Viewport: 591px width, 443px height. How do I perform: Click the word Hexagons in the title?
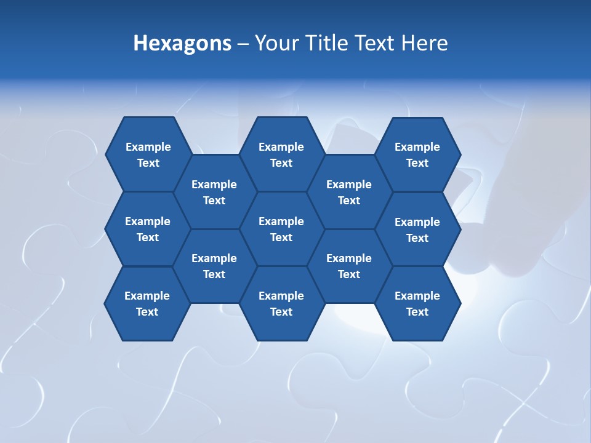tap(182, 43)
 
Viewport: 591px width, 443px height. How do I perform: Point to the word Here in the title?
tap(425, 43)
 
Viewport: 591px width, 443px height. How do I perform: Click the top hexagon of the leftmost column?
tap(148, 154)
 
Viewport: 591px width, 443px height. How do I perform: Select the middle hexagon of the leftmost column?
tap(148, 229)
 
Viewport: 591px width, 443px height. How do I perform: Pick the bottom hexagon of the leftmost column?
tap(147, 303)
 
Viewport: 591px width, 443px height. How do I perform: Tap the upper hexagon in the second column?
tap(214, 191)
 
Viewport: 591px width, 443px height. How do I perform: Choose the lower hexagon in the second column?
tap(214, 266)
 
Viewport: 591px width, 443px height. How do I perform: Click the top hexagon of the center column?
tap(281, 154)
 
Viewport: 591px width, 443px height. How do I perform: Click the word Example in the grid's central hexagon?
tap(281, 221)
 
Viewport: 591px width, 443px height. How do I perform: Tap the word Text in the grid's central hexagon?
tap(281, 237)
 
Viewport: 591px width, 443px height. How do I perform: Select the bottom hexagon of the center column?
tap(281, 303)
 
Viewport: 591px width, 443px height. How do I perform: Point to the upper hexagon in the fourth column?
tap(349, 191)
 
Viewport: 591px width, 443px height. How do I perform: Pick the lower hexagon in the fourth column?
tap(349, 266)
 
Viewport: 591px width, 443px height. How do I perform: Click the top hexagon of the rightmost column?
tap(417, 154)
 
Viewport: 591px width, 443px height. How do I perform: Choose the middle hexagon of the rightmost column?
tap(417, 229)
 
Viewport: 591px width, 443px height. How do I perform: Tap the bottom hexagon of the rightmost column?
tap(417, 303)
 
